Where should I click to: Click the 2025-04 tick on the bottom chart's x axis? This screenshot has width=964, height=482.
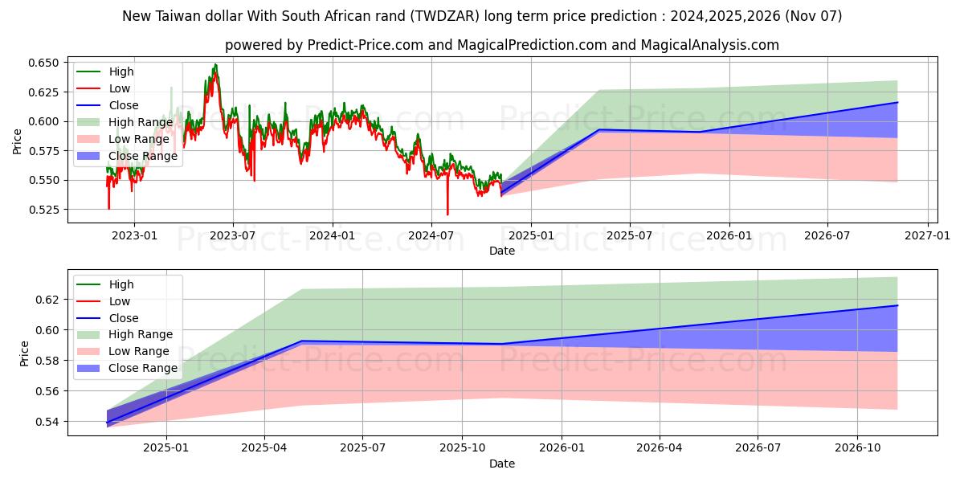(264, 447)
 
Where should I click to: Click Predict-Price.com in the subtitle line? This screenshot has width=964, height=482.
(366, 45)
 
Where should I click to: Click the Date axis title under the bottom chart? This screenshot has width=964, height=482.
(502, 464)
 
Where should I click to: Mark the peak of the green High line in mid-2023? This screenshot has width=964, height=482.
(214, 64)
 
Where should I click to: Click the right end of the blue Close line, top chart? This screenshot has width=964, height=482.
(897, 102)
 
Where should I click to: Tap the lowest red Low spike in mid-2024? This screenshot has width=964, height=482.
(447, 214)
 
